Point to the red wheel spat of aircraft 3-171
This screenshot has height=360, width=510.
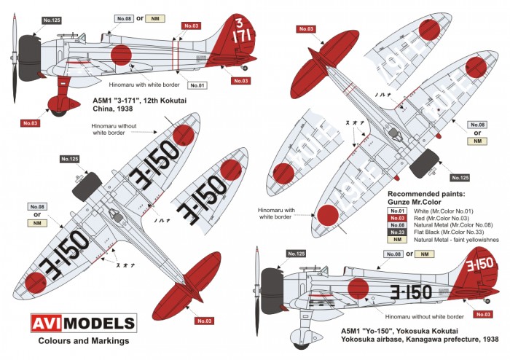tap(57, 105)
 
